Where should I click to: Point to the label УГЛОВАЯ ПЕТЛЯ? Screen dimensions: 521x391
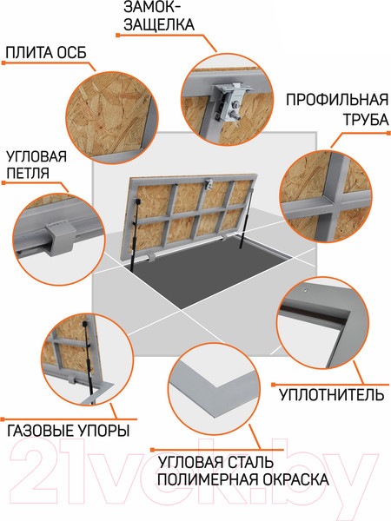point(36,166)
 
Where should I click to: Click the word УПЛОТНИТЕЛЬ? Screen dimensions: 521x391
point(330,396)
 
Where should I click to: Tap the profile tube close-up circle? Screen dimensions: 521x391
point(330,195)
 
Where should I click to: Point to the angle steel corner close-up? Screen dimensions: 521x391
point(214,386)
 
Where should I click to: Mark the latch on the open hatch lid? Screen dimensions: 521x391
point(211,182)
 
